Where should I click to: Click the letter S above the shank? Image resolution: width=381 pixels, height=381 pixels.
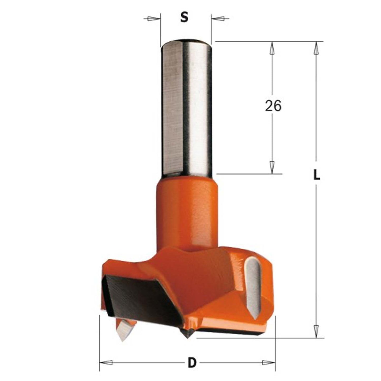pyautogui.click(x=185, y=18)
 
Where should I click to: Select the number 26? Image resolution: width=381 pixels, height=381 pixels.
pyautogui.click(x=273, y=106)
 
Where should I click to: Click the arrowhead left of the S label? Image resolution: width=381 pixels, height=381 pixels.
pyautogui.click(x=151, y=19)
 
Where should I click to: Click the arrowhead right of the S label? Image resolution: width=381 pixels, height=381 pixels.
pyautogui.click(x=220, y=19)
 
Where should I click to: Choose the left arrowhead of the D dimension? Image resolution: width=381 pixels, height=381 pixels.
pyautogui.click(x=107, y=363)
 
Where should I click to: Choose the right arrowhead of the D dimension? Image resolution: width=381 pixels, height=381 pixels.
pyautogui.click(x=267, y=363)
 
